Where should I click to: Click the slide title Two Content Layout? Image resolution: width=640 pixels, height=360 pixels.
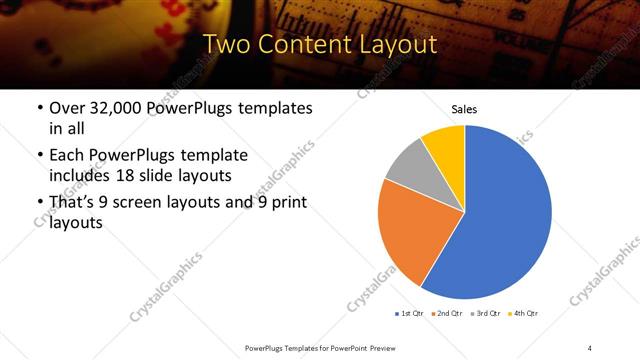point(320,46)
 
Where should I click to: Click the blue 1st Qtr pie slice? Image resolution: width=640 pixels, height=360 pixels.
point(510,220)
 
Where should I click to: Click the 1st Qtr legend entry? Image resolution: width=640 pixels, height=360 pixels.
point(411,314)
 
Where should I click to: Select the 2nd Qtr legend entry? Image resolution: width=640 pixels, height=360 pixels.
point(449,314)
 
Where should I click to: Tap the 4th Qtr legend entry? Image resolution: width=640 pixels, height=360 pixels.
point(523,314)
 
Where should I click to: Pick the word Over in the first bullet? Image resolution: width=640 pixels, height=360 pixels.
point(67,108)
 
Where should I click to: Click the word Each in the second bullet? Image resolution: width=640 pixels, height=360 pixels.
point(68,155)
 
